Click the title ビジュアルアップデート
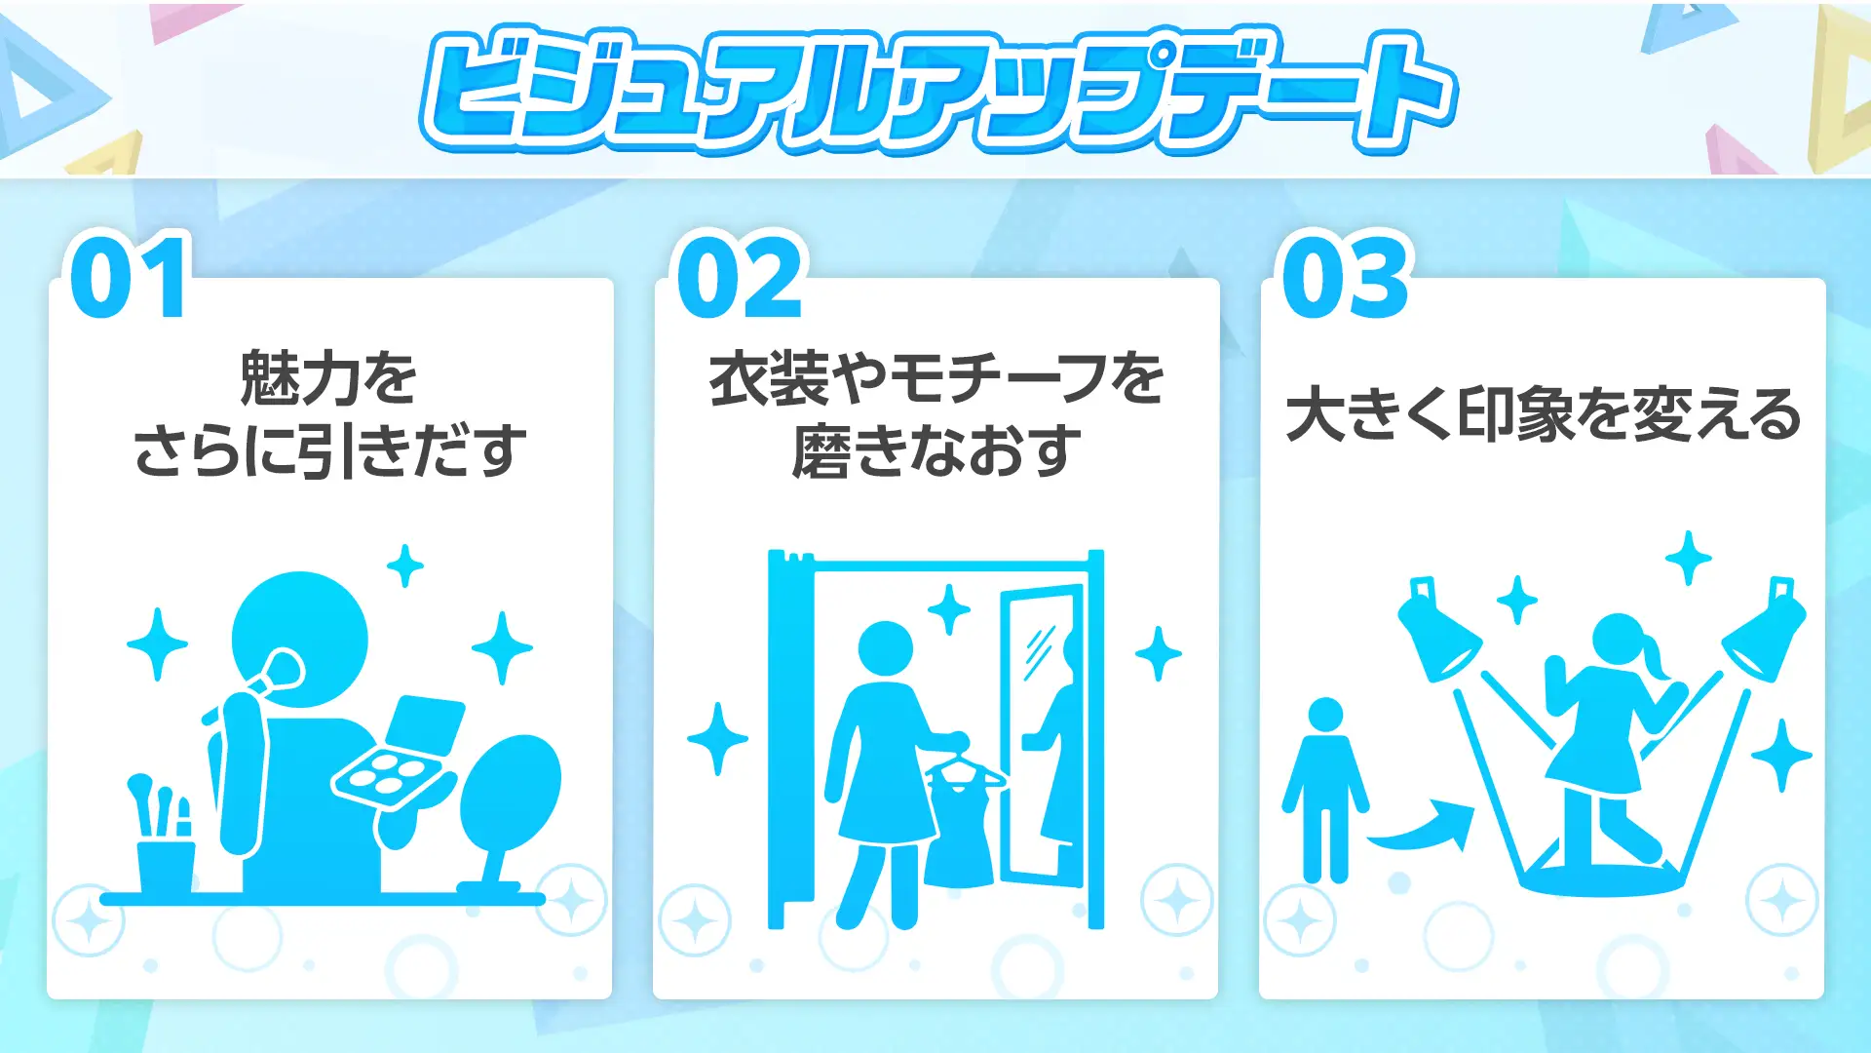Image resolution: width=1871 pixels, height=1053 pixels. (937, 90)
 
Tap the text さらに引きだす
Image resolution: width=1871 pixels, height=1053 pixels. (329, 451)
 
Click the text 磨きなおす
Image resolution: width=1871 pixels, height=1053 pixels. (936, 451)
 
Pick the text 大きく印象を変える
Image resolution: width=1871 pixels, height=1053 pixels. (1543, 414)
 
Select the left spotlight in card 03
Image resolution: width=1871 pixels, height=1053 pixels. (1438, 630)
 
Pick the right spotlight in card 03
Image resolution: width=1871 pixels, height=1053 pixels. (1765, 630)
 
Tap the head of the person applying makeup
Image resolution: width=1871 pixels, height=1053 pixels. (300, 640)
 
